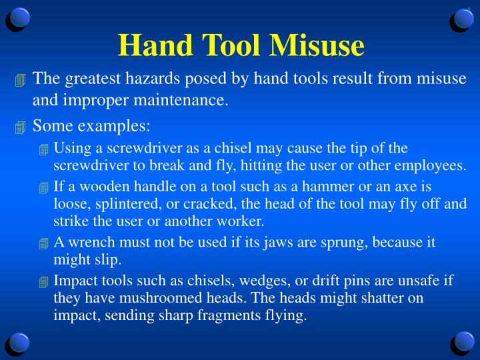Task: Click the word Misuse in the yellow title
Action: pyautogui.click(x=317, y=45)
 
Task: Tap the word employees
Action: pyautogui.click(x=433, y=165)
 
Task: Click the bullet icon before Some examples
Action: pyautogui.click(x=20, y=127)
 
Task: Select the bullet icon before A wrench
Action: pyautogui.click(x=44, y=243)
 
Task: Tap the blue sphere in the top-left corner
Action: pyautogui.click(x=19, y=19)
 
